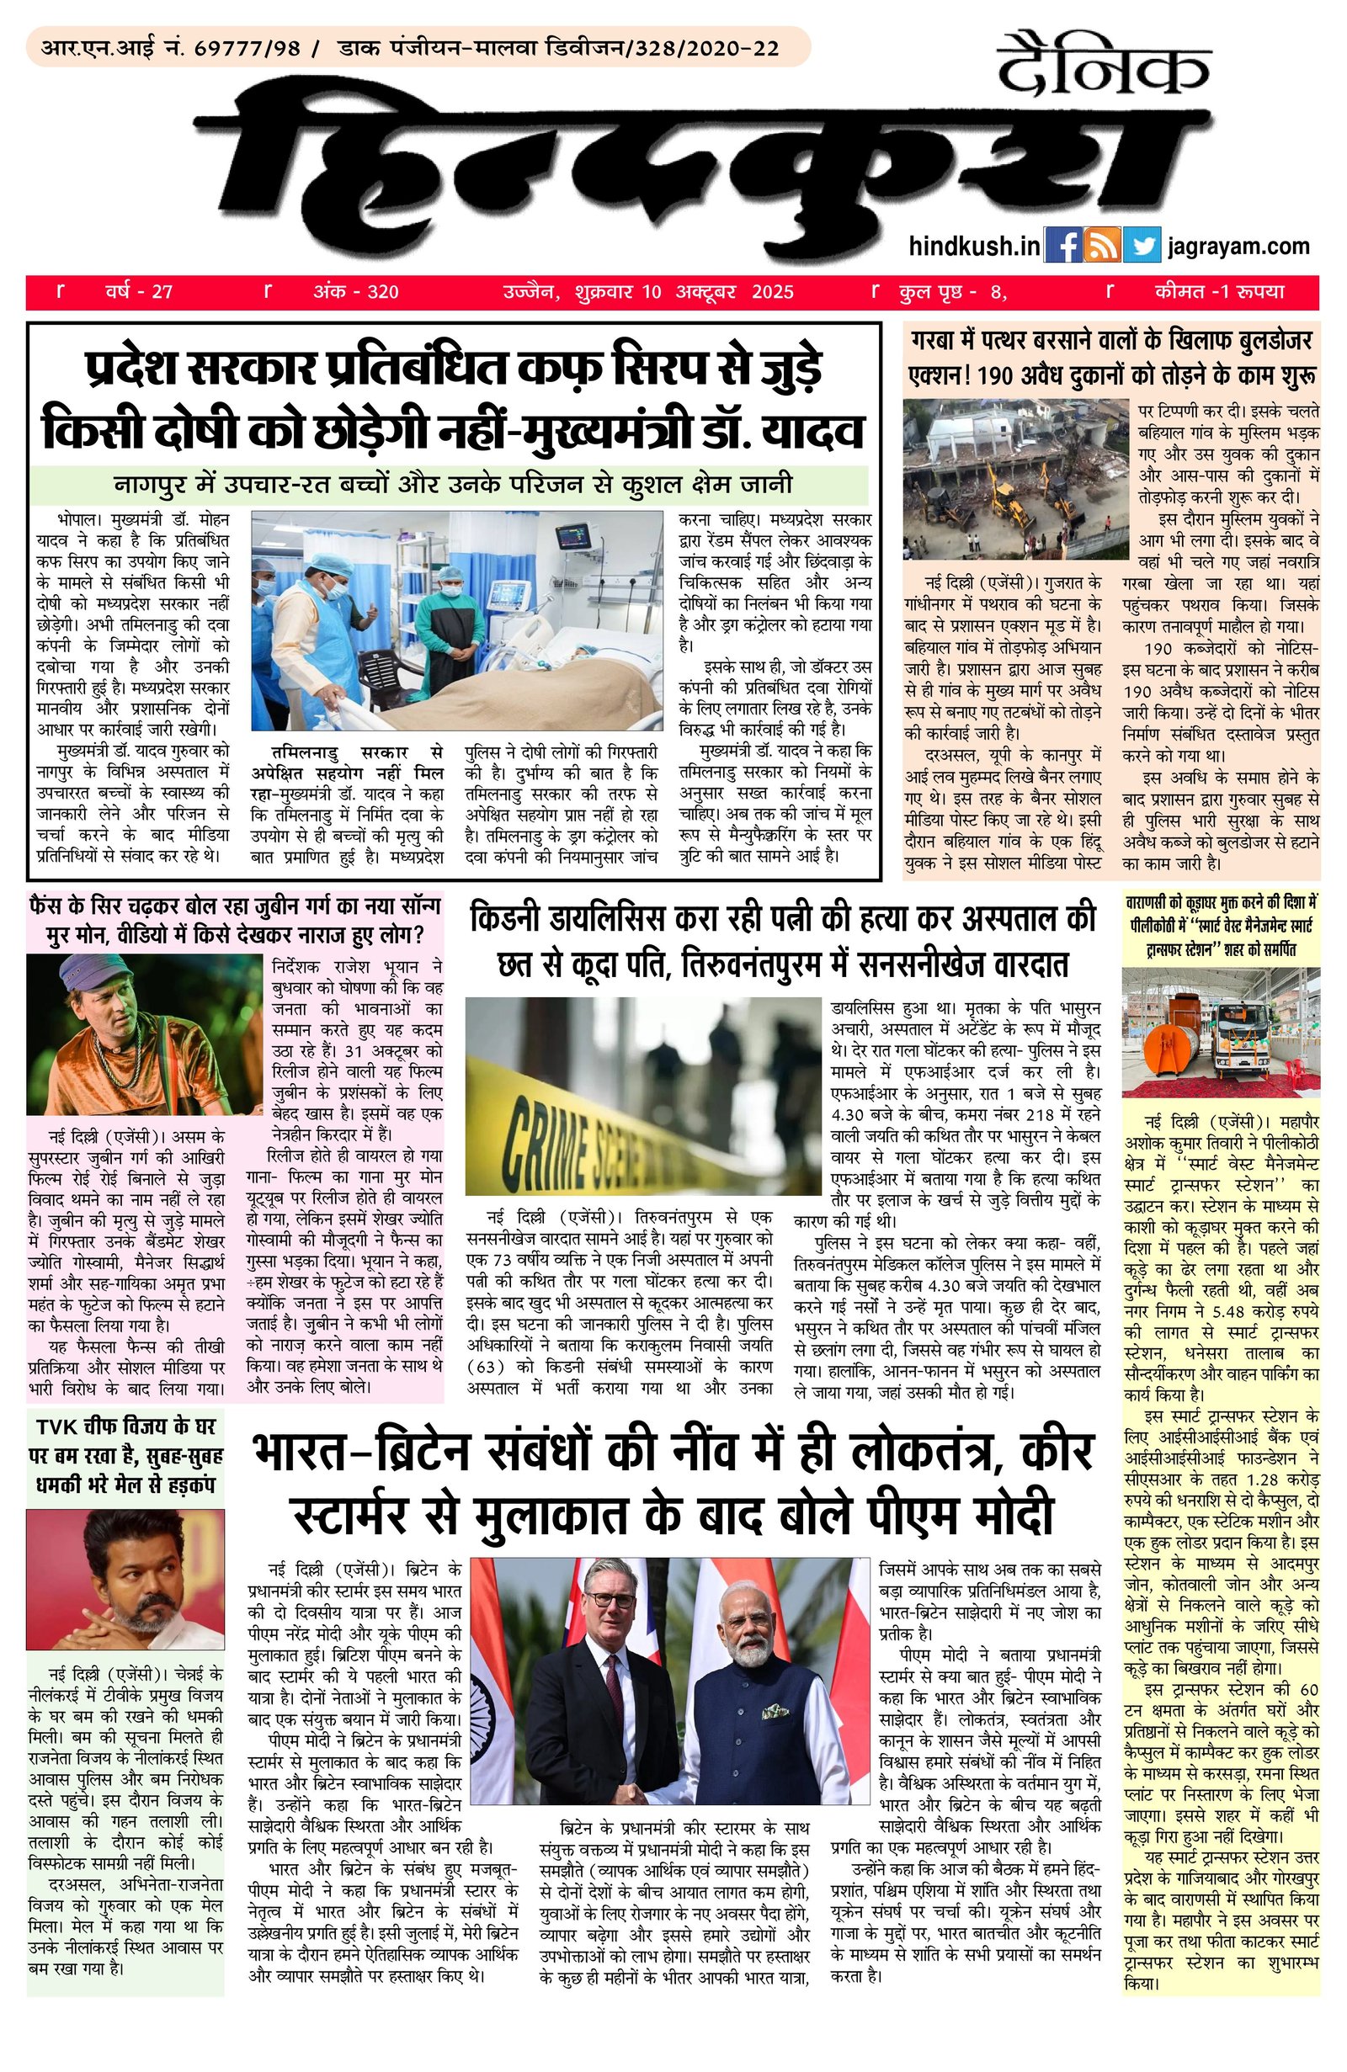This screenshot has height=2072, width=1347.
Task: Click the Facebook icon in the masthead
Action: click(1062, 246)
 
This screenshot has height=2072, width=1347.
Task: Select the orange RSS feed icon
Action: click(1102, 246)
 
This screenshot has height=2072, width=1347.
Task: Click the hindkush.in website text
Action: click(973, 247)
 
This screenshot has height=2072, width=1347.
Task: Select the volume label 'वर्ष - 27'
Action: click(139, 292)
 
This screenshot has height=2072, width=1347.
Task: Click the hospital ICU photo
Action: click(456, 620)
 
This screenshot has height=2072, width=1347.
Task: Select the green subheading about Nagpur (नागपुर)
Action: click(450, 484)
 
